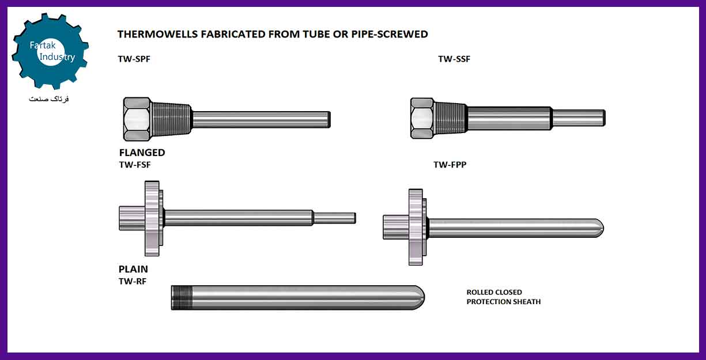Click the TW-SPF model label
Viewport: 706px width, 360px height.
(x=134, y=59)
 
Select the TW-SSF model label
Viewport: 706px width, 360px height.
(x=454, y=59)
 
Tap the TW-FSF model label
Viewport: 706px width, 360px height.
(x=135, y=165)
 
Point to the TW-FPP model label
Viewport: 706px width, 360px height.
(x=450, y=165)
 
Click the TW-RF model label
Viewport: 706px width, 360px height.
(x=133, y=281)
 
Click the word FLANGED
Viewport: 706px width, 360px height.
(x=142, y=153)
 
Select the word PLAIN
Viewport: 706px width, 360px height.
(x=133, y=269)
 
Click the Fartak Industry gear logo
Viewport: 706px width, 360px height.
(x=50, y=51)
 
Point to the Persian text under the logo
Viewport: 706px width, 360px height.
(x=49, y=99)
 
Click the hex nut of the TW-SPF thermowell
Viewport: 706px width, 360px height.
(x=137, y=119)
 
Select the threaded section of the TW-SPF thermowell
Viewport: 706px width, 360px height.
(x=172, y=119)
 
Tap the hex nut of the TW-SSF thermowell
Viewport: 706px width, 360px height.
(x=422, y=118)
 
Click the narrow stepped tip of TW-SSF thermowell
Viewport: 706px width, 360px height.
(x=579, y=118)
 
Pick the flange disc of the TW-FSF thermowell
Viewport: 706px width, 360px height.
(x=152, y=218)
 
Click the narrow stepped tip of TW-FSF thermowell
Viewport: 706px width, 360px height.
(x=335, y=218)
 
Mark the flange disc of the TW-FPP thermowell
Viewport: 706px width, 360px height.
(x=416, y=227)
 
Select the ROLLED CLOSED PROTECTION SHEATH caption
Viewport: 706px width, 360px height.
(x=503, y=297)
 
